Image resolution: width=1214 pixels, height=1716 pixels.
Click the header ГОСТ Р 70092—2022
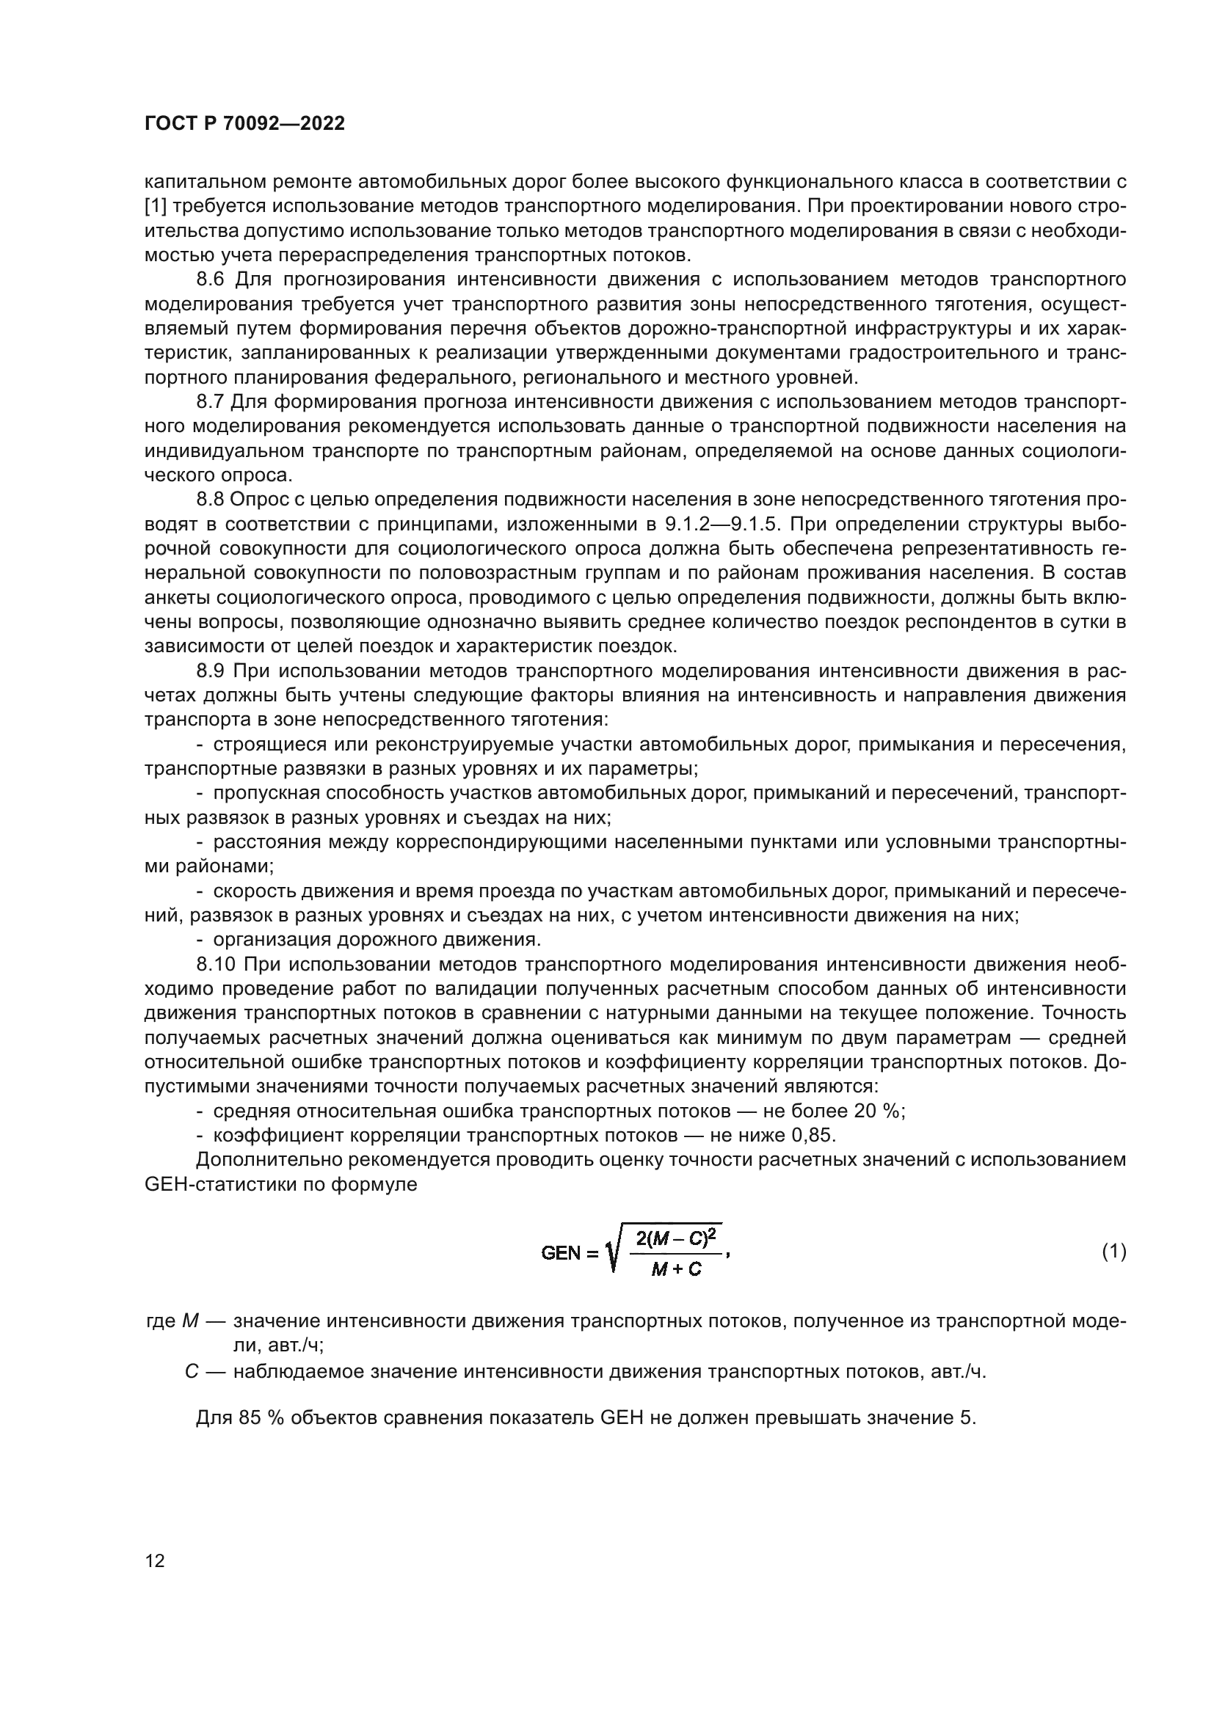(244, 124)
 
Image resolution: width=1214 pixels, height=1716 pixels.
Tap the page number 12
(155, 1560)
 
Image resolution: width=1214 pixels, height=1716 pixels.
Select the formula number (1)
(1114, 1251)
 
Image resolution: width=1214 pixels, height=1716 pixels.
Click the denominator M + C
(675, 1269)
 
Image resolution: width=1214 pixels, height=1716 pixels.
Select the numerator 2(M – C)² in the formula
(675, 1238)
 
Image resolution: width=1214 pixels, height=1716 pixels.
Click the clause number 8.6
(210, 280)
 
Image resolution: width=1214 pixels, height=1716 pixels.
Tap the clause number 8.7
(210, 402)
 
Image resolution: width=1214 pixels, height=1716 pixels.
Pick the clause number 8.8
(210, 500)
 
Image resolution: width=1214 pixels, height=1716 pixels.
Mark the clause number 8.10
(214, 965)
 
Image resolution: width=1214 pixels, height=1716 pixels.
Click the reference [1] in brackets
(156, 206)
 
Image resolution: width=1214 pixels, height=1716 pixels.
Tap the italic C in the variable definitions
(191, 1372)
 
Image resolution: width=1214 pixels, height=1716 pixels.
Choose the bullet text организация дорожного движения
(377, 941)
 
